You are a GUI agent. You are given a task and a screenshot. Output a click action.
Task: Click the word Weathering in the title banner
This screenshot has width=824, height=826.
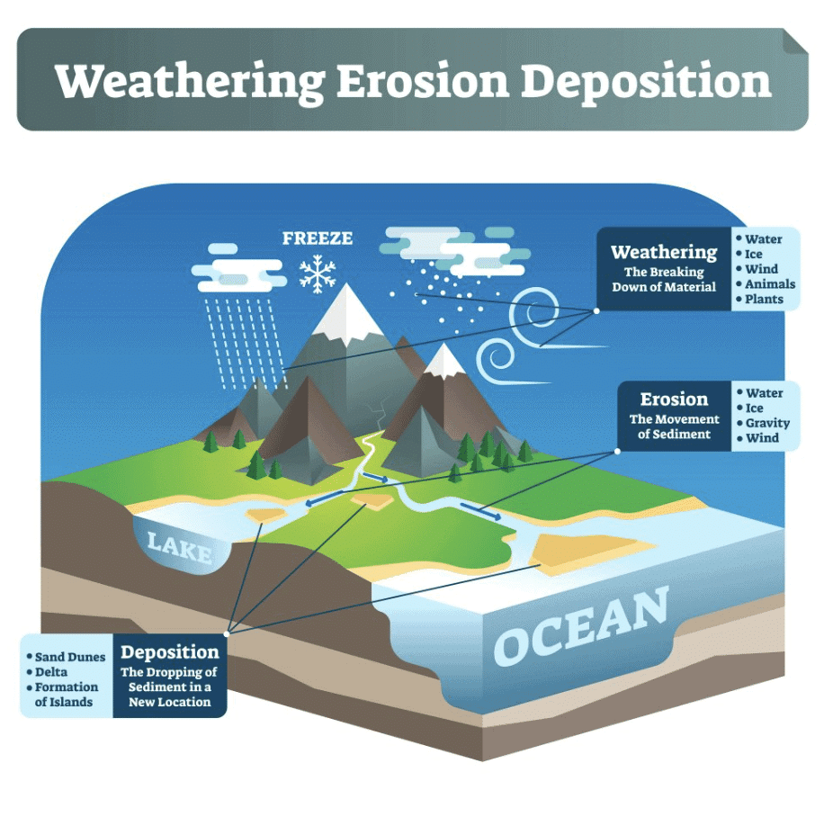tap(190, 83)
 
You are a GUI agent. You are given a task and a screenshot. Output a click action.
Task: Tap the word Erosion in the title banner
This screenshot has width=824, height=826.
tap(423, 81)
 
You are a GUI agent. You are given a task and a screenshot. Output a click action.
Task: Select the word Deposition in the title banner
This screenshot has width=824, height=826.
tap(646, 83)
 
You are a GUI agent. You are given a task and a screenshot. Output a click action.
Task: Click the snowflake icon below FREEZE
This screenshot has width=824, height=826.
tap(318, 274)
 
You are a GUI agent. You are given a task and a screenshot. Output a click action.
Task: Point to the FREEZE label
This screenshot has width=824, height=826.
tap(318, 238)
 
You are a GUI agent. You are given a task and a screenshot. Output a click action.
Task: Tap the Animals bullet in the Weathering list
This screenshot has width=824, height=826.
tap(766, 284)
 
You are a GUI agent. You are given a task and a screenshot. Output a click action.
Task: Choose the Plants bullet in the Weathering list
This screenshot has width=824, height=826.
tap(760, 300)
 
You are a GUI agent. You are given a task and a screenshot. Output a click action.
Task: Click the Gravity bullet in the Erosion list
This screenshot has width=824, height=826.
tap(764, 423)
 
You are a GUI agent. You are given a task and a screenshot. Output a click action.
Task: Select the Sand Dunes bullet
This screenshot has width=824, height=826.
tap(67, 657)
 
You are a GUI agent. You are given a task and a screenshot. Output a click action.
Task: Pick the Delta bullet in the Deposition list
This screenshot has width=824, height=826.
tap(47, 672)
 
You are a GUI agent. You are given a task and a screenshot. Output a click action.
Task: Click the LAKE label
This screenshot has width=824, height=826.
tap(180, 548)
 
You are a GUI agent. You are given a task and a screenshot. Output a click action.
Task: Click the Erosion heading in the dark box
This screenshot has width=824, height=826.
tap(674, 400)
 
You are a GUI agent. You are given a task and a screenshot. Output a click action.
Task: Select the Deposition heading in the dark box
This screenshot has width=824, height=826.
tap(169, 652)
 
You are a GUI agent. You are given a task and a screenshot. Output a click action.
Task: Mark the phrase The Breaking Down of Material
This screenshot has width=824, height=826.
tap(664, 279)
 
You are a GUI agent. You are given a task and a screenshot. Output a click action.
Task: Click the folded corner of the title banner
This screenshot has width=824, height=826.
tap(795, 40)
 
